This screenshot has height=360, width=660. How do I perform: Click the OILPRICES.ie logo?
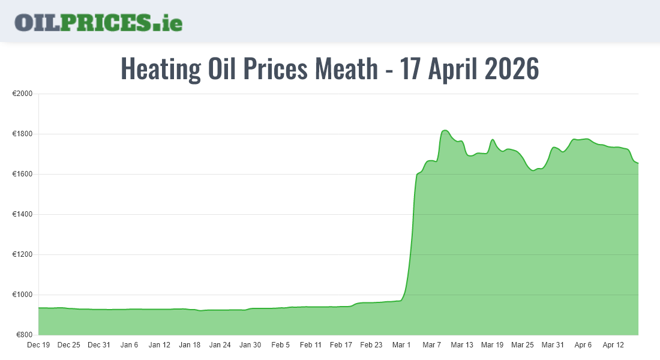point(98,22)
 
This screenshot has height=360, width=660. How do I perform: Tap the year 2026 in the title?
point(511,69)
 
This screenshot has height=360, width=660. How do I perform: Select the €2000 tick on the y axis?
point(23,94)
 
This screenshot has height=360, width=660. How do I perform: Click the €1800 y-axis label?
point(23,134)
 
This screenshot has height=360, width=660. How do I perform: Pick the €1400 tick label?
point(23,215)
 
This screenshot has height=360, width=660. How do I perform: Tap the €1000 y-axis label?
point(23,295)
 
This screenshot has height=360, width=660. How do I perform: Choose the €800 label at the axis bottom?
point(24,335)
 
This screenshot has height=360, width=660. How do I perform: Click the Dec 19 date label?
point(38,345)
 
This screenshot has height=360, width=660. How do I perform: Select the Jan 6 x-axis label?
point(129,345)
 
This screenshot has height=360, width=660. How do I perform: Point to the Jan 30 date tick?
point(250,345)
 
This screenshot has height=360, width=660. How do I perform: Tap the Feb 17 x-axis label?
point(341,345)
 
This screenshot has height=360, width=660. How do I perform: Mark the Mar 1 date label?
point(401,345)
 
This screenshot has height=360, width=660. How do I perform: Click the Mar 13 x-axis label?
point(462,345)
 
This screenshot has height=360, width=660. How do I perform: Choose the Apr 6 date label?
point(583,345)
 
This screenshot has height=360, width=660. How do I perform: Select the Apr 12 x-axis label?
point(613,345)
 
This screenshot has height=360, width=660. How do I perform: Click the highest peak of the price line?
point(445,130)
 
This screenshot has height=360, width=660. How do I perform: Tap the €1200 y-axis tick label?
point(23,255)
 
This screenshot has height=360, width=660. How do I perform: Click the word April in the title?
point(453,69)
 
